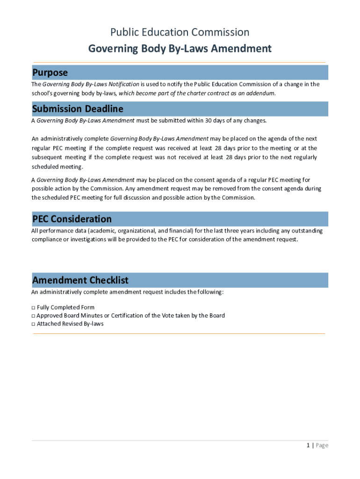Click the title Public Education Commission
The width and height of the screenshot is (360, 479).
point(180,32)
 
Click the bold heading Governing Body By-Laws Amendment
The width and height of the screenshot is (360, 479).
point(180,49)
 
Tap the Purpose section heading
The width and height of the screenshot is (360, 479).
point(50,73)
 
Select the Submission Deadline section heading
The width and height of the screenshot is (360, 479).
point(78,109)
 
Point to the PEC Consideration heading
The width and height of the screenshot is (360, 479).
point(72,219)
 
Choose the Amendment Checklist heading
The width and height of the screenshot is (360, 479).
point(80,280)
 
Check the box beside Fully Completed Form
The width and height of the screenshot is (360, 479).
point(33,308)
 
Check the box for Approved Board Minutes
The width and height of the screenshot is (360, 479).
point(33,316)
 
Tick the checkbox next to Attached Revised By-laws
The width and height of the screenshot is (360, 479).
point(33,324)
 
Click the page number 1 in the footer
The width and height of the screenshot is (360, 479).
point(308,445)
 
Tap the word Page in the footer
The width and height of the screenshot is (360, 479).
point(322,445)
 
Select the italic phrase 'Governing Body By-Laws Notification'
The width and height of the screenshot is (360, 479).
point(91,84)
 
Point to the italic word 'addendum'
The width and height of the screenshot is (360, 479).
point(261,93)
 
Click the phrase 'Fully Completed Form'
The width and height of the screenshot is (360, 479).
point(65,308)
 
